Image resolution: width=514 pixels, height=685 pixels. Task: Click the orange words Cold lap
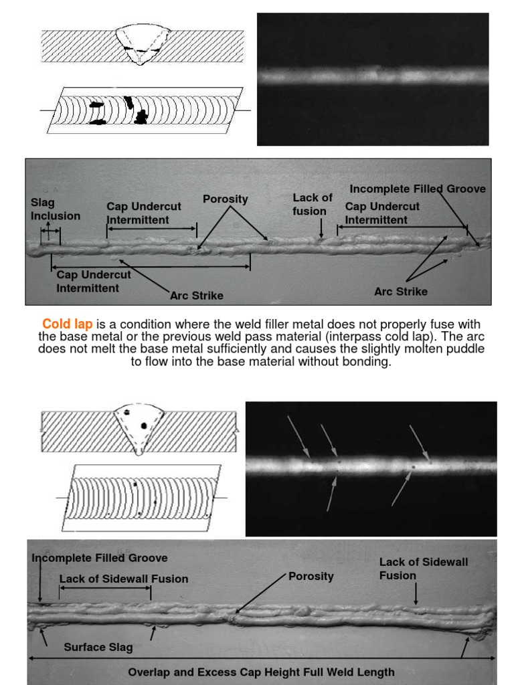(68, 324)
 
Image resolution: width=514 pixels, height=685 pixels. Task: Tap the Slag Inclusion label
(55, 209)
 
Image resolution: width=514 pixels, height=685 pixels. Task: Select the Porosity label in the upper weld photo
(226, 199)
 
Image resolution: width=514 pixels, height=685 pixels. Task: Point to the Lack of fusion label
(313, 204)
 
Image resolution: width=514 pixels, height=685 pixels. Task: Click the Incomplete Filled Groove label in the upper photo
(418, 189)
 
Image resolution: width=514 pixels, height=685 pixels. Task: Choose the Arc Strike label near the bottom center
(197, 296)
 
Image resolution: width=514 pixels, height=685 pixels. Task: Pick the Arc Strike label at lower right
(400, 292)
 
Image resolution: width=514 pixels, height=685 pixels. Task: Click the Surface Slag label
(98, 647)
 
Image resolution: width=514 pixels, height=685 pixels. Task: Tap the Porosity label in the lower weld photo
(311, 576)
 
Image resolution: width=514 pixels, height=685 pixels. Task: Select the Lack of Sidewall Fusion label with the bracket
(124, 579)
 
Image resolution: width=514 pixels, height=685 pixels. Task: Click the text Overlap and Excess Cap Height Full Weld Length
(261, 672)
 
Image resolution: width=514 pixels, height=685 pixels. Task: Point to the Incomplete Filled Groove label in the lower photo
(100, 558)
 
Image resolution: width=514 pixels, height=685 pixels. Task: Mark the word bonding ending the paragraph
(367, 361)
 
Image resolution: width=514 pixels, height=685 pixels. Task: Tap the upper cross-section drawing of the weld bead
(141, 45)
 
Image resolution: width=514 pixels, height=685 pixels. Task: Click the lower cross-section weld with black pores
(139, 427)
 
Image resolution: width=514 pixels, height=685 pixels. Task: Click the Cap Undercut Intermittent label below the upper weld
(94, 282)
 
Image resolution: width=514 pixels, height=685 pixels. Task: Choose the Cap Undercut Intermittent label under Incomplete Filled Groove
(382, 213)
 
